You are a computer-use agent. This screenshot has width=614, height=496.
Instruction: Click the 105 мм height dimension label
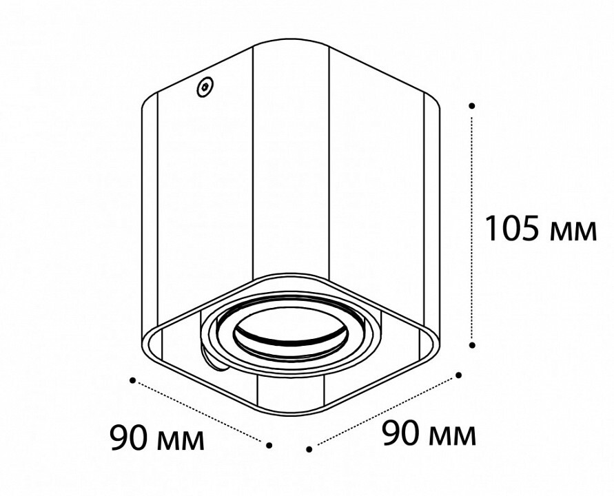click(541, 229)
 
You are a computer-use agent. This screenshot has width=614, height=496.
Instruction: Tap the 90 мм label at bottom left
click(157, 437)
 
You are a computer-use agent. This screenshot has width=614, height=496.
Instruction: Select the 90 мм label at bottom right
click(429, 433)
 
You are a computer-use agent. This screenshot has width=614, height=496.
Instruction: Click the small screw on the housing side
click(205, 87)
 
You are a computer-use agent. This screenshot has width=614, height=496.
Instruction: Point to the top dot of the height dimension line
click(472, 105)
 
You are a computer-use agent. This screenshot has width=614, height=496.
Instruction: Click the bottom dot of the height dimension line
click(472, 345)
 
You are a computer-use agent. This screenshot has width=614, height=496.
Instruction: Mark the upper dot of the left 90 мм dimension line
click(133, 380)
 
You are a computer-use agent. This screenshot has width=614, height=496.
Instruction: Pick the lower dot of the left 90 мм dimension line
click(269, 445)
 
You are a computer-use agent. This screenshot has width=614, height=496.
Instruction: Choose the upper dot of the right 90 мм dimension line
click(459, 375)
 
